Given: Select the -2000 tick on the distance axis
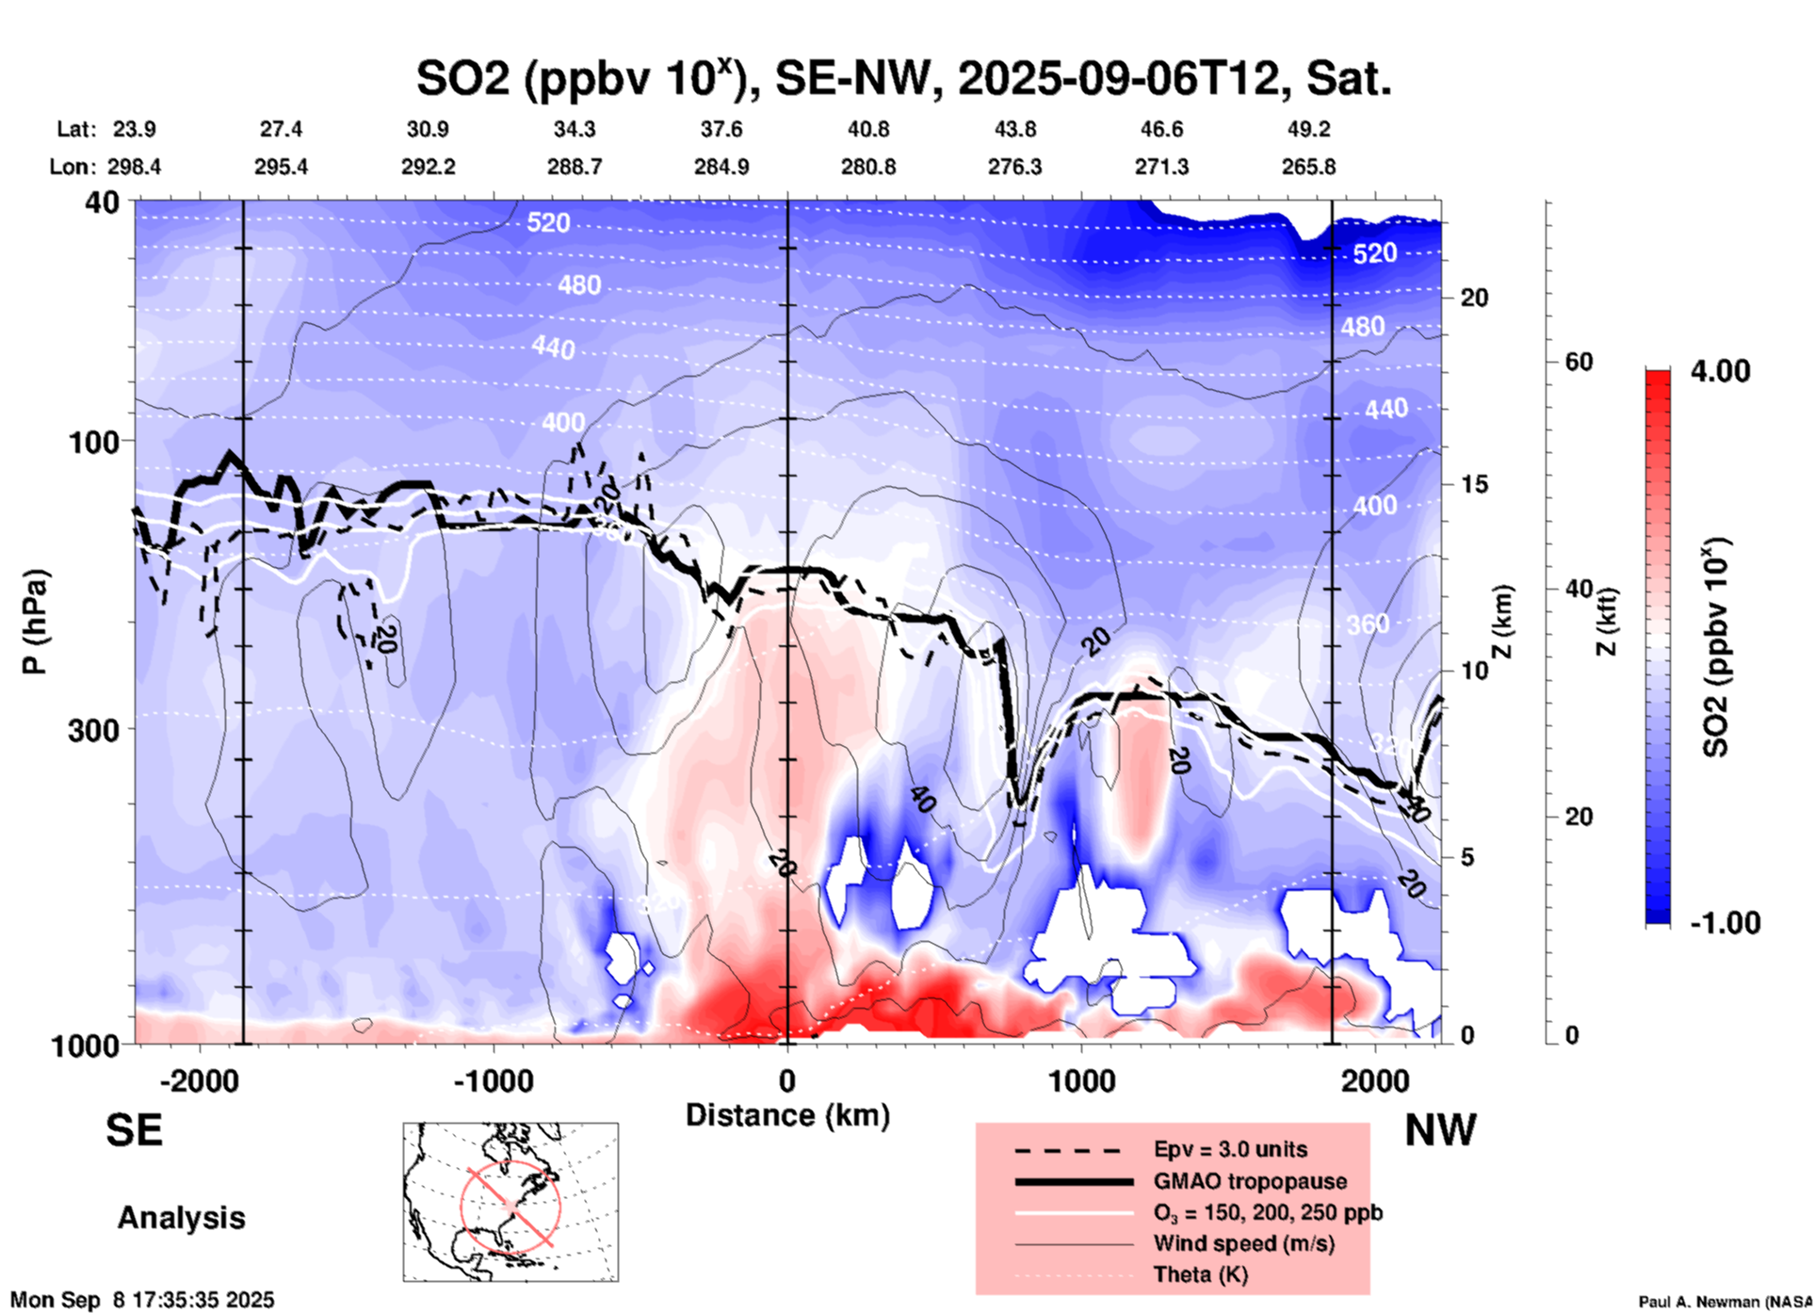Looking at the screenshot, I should click(x=199, y=1080).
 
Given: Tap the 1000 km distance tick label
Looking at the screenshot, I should click(x=1081, y=1080).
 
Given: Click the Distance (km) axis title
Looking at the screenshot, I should click(x=787, y=1115).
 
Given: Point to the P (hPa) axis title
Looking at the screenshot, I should click(x=36, y=622).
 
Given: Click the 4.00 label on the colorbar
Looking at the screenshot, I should click(x=1720, y=371).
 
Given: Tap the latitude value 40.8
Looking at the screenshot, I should click(x=867, y=129).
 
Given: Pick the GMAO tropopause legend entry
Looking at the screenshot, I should click(x=1249, y=1181).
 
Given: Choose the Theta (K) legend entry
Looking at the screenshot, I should click(x=1200, y=1274).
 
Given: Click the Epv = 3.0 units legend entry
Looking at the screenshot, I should click(x=1229, y=1149).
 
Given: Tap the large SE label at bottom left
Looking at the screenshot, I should click(x=134, y=1129).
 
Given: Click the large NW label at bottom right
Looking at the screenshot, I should click(x=1440, y=1129).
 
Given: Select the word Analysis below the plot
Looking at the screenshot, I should click(x=181, y=1217).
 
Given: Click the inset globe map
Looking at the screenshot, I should click(x=510, y=1201).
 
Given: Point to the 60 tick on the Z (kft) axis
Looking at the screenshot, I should click(x=1579, y=362).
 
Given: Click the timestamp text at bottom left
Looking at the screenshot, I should click(x=142, y=1300).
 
